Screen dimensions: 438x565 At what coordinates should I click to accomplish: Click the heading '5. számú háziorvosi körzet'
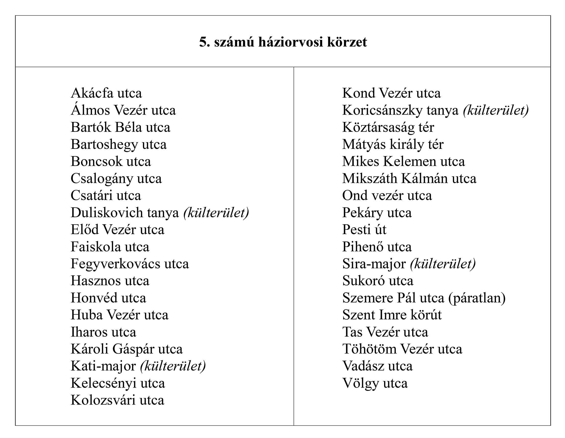283,42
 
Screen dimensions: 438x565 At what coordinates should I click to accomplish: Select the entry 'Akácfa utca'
106,93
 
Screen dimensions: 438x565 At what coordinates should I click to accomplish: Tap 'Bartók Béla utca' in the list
121,127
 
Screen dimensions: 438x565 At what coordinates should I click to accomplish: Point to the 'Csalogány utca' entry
116,179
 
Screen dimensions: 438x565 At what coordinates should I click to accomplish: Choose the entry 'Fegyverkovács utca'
130,264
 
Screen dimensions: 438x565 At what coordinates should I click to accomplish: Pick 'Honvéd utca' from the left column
108,298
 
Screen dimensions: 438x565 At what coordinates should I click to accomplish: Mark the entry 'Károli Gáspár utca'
126,349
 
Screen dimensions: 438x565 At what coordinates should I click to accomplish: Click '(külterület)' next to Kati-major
173,366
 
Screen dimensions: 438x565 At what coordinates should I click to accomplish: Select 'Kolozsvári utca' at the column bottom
117,400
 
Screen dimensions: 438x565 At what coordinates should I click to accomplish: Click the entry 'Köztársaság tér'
388,127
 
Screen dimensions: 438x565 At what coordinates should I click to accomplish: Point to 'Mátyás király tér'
393,144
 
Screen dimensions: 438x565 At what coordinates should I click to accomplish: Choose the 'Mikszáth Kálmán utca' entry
409,179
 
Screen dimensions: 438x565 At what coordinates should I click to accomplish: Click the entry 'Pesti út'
364,230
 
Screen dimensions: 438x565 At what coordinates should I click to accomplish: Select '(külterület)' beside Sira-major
443,264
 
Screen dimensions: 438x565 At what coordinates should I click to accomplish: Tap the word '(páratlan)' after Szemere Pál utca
477,298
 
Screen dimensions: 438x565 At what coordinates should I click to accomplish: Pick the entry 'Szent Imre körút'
392,315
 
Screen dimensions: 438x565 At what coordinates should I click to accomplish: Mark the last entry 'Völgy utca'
375,383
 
